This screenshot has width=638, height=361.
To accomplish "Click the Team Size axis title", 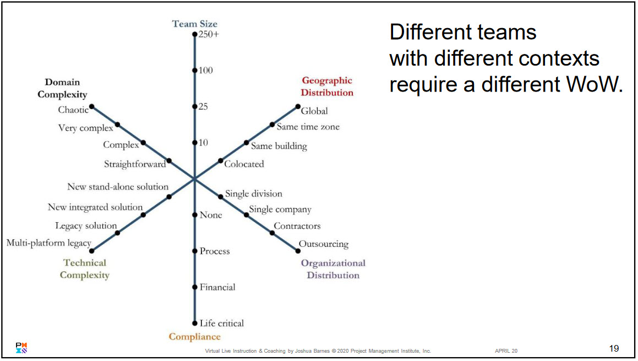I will click(194, 24).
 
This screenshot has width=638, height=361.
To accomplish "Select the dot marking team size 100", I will click(194, 71).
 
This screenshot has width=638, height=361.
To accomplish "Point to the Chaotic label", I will click(73, 110).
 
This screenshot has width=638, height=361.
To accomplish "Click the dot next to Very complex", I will click(117, 125).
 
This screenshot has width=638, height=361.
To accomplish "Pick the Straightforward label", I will click(135, 164).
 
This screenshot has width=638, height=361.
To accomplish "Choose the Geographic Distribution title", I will click(327, 87).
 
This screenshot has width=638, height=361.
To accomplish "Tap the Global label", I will click(314, 111).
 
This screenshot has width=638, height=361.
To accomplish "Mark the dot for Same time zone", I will click(272, 125).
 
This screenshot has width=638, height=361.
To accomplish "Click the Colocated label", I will click(244, 164).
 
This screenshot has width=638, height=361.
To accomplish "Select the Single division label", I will click(253, 194).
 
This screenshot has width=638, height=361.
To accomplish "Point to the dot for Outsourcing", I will click(298, 251).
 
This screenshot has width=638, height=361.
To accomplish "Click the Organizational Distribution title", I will click(332, 269).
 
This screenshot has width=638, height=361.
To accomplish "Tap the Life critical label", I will click(221, 324).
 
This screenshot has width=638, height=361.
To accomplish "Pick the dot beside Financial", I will click(194, 287).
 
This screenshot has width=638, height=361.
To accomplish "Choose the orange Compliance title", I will click(194, 337).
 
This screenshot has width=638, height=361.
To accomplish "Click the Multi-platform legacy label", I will click(48, 243).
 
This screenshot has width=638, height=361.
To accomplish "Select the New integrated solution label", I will click(95, 207).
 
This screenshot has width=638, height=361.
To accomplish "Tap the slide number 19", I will click(614, 348).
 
